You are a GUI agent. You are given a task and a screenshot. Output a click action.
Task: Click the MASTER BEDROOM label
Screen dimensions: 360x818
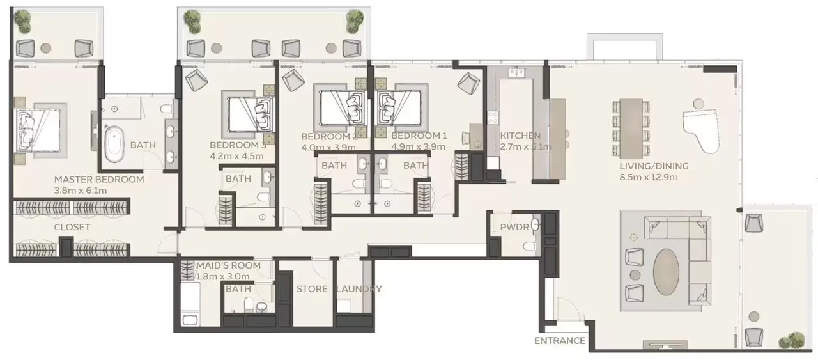[98, 180]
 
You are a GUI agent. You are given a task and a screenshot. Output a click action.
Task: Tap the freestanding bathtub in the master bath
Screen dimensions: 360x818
[115, 145]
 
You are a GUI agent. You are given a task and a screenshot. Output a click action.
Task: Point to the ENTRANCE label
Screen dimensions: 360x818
[560, 341]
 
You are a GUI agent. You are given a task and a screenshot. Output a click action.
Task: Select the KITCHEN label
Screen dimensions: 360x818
[520, 136]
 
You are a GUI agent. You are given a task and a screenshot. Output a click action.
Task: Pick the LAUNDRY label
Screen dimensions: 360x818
[359, 289]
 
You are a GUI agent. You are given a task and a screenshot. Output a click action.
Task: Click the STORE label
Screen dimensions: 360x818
[312, 289]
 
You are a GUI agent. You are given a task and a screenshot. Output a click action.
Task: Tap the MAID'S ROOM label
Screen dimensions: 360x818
[228, 265]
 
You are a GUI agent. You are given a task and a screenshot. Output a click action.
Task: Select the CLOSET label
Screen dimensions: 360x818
[72, 227]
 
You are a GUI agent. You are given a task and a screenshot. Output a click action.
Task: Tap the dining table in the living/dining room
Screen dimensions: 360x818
[630, 128]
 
